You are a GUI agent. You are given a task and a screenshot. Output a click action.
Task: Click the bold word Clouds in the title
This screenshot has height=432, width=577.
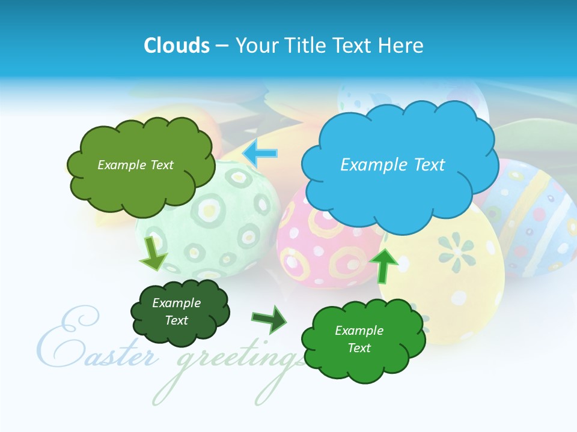(176, 46)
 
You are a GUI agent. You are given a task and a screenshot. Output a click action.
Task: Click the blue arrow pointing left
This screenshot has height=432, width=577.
(260, 154)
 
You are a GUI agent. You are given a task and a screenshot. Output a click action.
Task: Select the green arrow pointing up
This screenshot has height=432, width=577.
(383, 264)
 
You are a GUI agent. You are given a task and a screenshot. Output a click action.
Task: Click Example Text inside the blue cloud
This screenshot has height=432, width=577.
(392, 165)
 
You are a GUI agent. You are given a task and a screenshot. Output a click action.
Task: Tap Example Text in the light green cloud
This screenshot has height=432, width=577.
(135, 165)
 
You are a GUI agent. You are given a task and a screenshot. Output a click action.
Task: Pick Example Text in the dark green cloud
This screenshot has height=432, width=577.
(176, 311)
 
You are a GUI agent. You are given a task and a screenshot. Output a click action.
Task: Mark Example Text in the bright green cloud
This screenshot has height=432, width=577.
(359, 339)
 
